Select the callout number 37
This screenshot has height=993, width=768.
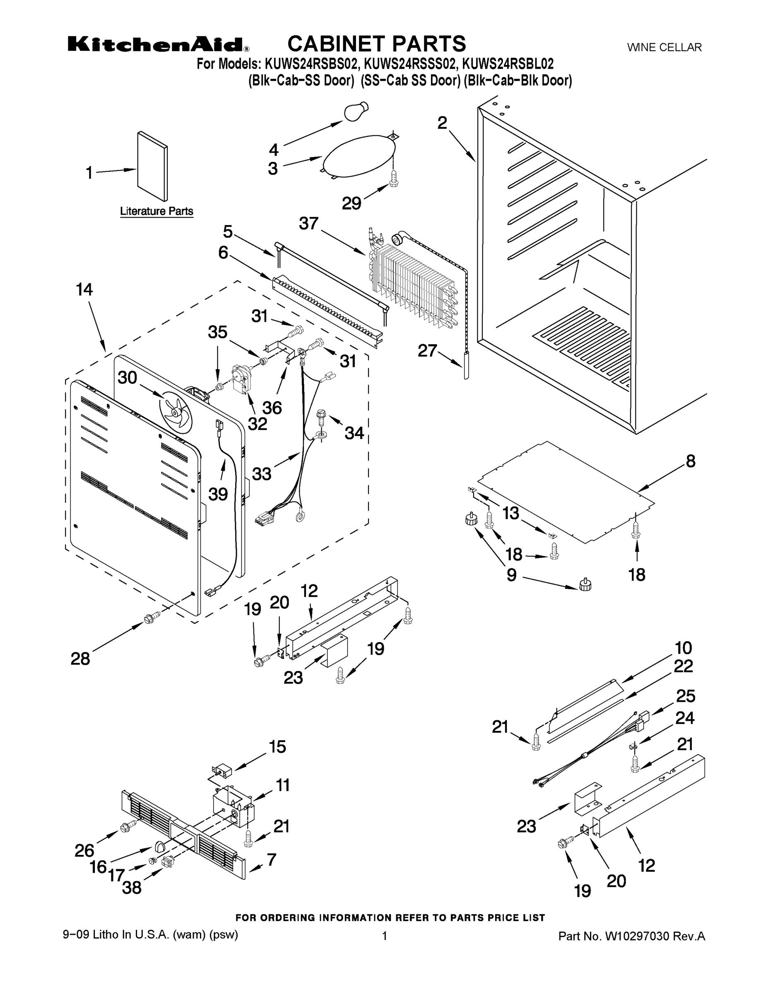coord(308,224)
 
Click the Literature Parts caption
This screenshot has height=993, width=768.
coord(156,211)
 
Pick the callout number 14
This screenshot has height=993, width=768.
coord(84,290)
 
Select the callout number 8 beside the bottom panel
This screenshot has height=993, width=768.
coord(690,461)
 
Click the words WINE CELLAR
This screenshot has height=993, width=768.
coord(664,47)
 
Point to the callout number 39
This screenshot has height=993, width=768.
coord(218,494)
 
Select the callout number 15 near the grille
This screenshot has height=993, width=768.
coord(277,746)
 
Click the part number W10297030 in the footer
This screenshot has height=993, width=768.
coord(636,936)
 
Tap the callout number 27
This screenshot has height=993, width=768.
coord(427,351)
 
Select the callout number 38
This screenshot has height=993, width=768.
coord(132,887)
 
